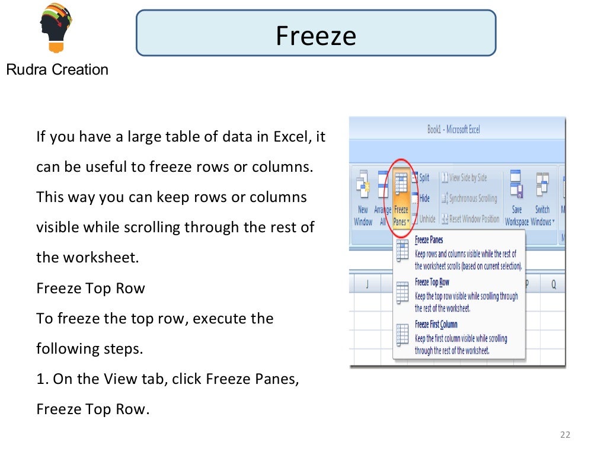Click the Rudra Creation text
coord(57,70)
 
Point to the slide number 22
coord(564,435)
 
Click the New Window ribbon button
coord(363,198)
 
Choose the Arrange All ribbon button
coord(382,198)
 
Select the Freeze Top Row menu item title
coord(432,283)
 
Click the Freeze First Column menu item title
coord(436,325)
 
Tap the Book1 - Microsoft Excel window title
coord(453,129)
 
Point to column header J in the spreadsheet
coord(368,284)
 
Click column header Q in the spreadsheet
coord(553,284)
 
